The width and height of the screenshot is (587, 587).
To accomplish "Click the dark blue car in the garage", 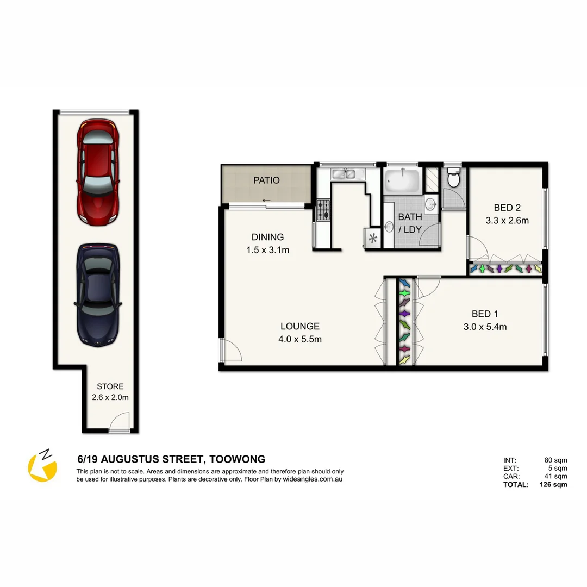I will point(98,295).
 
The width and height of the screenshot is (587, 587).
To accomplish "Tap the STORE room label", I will point(110,386).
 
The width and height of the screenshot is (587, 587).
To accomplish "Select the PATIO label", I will point(266,180).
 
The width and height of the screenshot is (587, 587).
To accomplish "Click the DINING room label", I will point(267,237).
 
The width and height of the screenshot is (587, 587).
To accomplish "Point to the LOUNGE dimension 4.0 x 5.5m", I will point(300,340).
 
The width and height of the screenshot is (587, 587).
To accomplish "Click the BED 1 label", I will point(485,314).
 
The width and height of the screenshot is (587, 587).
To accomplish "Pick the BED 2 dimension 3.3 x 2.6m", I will point(507,221).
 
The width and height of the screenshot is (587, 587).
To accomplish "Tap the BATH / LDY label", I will point(410,223).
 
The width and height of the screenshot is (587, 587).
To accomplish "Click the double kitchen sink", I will point(344,174).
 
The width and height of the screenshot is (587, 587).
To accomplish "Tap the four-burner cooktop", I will point(324,210).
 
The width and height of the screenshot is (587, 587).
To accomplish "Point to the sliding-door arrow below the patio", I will point(266,201).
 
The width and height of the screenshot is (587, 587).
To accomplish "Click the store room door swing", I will point(120,422).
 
